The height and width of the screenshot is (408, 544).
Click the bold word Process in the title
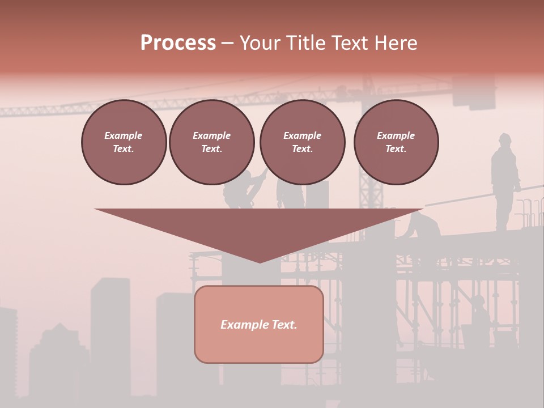178,42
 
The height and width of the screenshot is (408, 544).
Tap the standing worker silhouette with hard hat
504,181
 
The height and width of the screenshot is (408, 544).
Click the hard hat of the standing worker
504,137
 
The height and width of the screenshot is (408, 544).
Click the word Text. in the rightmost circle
396,148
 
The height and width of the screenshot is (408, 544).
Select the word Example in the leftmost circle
124,135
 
